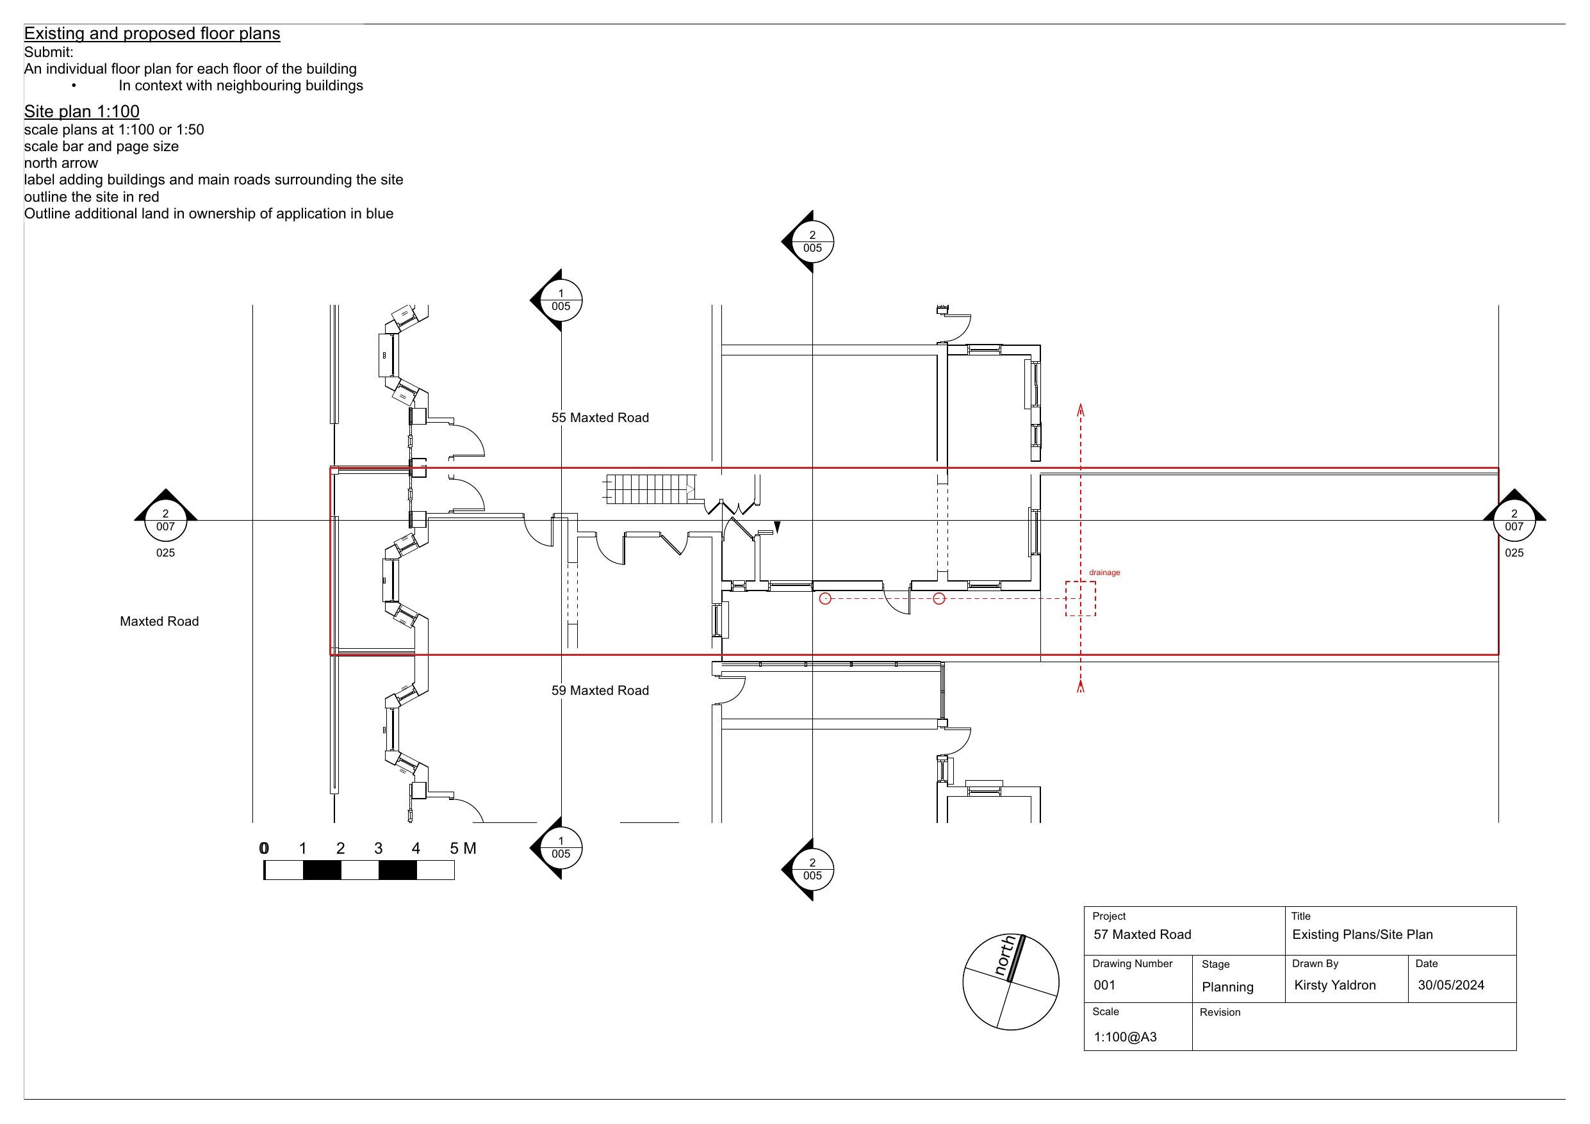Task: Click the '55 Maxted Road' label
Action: coord(600,418)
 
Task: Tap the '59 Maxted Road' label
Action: coord(600,690)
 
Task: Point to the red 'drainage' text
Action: coord(1104,573)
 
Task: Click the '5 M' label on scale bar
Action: coord(463,849)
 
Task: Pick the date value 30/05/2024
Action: coord(1451,986)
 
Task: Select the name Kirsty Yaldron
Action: coord(1334,986)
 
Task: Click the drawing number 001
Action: coord(1104,986)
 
